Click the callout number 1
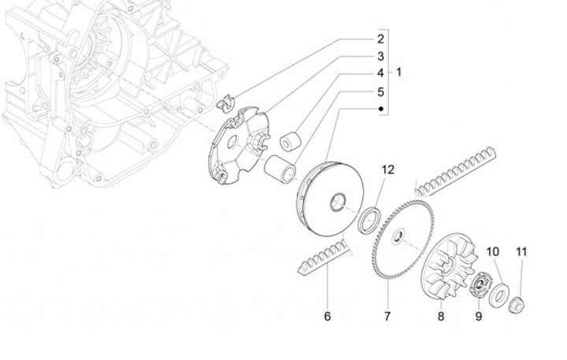(x=399, y=72)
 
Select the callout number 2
(x=380, y=39)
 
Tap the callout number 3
(x=380, y=56)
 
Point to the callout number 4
(x=380, y=73)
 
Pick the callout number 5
(x=380, y=91)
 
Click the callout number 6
(x=328, y=317)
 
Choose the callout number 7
(x=387, y=317)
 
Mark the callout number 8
(x=441, y=317)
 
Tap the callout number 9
(x=477, y=317)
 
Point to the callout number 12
(x=387, y=170)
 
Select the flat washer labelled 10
(x=498, y=296)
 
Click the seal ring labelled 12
(x=369, y=218)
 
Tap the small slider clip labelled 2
(x=227, y=103)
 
